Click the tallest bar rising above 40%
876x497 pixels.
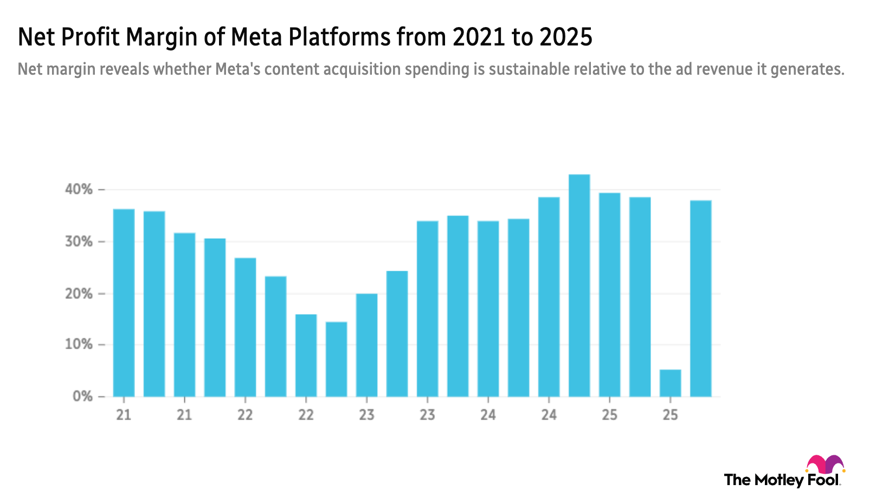click(579, 284)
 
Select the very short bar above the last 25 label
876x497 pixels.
click(670, 383)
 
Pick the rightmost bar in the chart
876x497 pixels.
click(700, 298)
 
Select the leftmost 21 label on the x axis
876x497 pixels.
click(124, 415)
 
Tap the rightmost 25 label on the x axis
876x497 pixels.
click(670, 415)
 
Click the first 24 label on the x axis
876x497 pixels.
click(488, 415)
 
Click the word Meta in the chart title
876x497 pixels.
click(256, 37)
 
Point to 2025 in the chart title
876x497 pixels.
click(566, 37)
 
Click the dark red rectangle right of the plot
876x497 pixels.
click(798, 217)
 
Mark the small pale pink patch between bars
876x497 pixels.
click(564, 267)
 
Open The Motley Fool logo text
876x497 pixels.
click(783, 479)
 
